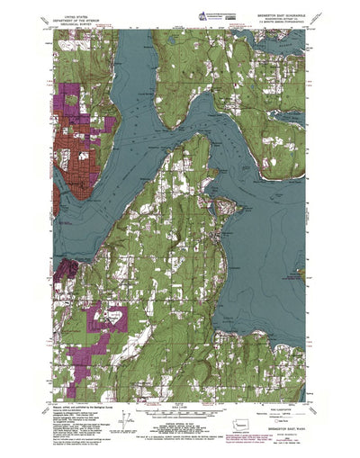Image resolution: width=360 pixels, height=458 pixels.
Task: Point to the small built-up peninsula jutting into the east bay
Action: [x=227, y=208]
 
